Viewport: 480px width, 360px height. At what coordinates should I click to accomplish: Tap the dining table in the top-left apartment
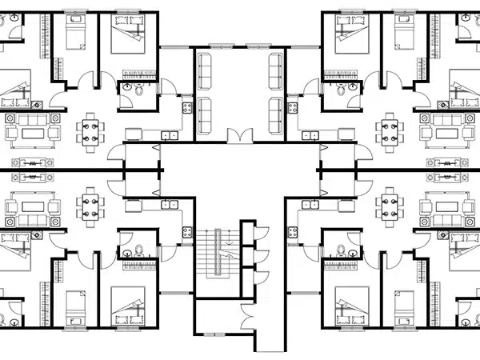(x=90, y=130)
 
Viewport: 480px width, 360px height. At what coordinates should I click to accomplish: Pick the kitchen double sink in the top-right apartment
(x=310, y=135)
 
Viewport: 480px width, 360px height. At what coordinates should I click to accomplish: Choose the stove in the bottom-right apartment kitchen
(x=292, y=232)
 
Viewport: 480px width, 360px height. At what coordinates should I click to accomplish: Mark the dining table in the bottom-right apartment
(x=390, y=206)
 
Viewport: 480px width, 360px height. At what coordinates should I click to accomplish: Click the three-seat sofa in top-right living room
(x=447, y=118)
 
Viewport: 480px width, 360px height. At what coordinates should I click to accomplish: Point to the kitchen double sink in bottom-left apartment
(x=170, y=205)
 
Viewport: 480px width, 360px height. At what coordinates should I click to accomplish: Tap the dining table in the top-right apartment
(x=390, y=130)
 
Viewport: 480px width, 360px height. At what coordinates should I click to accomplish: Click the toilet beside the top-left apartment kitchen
(x=138, y=90)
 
